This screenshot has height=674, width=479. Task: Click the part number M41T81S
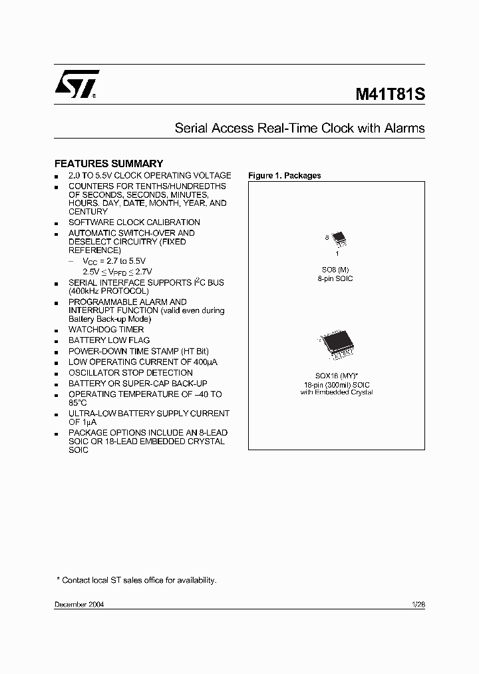389,94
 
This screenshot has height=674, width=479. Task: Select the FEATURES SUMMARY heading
108,163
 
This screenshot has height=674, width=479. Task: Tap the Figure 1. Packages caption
284,176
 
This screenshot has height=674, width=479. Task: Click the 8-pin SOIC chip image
339,238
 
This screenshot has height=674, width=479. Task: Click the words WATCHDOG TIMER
106,330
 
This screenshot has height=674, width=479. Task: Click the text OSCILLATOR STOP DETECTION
130,373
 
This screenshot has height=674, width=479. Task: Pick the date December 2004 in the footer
79,604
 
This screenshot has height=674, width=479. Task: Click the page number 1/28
418,604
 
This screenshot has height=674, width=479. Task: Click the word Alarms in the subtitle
404,129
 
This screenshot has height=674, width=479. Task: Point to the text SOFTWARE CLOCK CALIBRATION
134,222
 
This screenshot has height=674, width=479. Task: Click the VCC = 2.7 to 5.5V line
114,262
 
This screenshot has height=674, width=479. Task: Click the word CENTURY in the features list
88,212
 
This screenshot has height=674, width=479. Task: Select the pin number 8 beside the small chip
327,237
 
